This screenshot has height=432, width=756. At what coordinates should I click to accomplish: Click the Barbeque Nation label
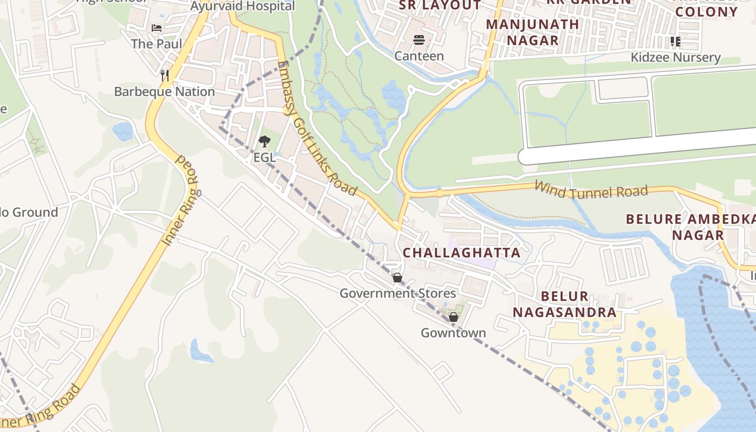(x=164, y=92)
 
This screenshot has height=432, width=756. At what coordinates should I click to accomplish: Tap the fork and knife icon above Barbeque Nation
(x=165, y=75)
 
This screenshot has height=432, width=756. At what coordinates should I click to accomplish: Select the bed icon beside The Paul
(x=157, y=28)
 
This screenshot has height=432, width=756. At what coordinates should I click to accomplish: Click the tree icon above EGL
(x=264, y=142)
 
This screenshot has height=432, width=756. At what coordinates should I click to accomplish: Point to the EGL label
(x=264, y=158)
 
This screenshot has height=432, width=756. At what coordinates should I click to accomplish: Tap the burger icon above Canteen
(x=419, y=40)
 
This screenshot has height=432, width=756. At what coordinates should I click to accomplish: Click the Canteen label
(x=419, y=56)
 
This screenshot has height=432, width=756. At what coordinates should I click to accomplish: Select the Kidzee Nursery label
(x=676, y=58)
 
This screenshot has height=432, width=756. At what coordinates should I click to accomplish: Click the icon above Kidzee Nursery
(x=675, y=41)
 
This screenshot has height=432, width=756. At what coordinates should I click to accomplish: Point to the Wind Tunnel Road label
(x=591, y=190)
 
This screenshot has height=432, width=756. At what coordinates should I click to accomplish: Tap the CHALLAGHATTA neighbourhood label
(x=462, y=253)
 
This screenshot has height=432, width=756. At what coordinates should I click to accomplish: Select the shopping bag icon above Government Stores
(x=397, y=278)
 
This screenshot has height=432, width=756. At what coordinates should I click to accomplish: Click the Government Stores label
(x=397, y=294)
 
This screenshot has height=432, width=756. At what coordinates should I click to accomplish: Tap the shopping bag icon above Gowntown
(x=454, y=317)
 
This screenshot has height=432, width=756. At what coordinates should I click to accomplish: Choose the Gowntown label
(x=454, y=333)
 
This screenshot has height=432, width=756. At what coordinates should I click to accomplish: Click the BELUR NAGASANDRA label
(x=564, y=304)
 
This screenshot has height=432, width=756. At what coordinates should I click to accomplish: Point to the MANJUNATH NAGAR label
(x=525, y=32)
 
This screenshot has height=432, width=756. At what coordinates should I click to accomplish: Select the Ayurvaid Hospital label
(x=242, y=6)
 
